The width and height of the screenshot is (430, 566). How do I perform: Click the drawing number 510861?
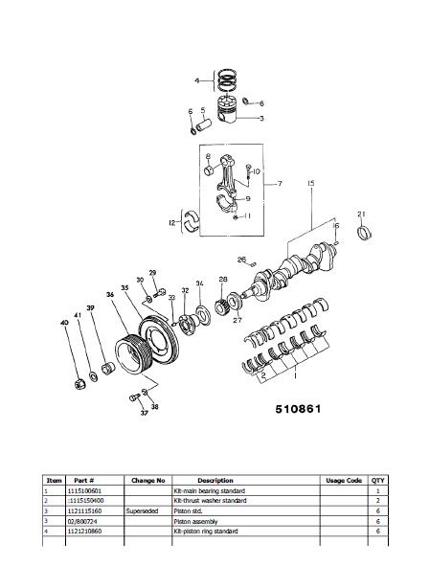tap(299, 407)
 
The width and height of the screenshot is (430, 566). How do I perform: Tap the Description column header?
tap(215, 480)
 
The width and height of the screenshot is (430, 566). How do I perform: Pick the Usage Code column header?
tap(342, 480)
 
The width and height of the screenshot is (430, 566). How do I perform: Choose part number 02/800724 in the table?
tap(84, 522)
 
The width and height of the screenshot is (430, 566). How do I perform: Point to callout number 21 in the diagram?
tap(361, 213)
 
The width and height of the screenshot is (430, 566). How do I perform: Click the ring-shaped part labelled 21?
tap(364, 234)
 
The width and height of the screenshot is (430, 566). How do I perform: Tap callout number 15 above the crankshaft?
tap(311, 182)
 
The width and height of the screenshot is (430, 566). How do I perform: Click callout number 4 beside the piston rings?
tap(197, 80)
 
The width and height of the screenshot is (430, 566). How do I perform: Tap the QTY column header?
tap(378, 480)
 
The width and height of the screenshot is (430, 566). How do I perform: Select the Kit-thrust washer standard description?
tap(210, 501)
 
